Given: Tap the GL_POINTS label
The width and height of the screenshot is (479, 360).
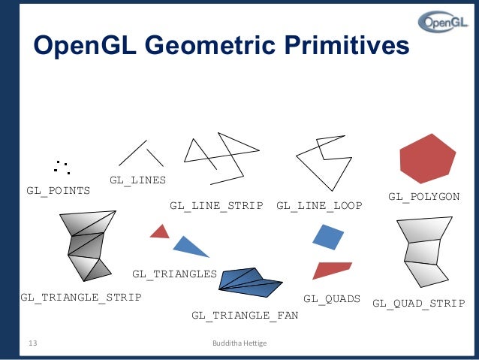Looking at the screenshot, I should [59, 190].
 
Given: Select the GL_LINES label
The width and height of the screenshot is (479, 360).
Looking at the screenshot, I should [137, 180].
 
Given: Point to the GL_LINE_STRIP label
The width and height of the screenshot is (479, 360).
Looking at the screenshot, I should [216, 205].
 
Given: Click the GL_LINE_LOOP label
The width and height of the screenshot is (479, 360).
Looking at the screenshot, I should [319, 205].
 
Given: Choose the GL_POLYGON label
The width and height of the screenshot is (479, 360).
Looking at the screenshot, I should [423, 196].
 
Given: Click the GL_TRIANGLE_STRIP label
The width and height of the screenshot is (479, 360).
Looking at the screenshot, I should [81, 297].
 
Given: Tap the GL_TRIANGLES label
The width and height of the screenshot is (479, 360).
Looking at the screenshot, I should [174, 274].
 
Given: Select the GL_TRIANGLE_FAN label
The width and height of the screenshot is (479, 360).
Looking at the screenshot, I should [245, 315].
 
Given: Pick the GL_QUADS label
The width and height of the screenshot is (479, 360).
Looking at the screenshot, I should [332, 299].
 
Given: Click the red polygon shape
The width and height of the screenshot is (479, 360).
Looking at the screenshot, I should [427, 159].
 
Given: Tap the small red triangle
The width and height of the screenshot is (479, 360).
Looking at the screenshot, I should [160, 232].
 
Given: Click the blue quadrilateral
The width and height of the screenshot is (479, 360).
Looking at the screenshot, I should [327, 237].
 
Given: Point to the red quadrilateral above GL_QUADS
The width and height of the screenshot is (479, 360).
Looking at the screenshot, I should [331, 269].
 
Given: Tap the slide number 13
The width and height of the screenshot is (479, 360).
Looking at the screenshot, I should [32, 343].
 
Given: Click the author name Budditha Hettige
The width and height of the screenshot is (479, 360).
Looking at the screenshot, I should [240, 343].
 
